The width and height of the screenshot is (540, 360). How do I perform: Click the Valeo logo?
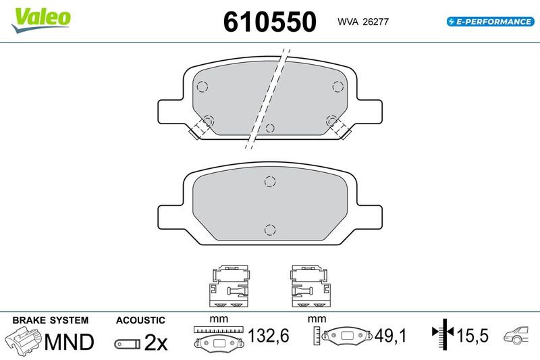[40, 20]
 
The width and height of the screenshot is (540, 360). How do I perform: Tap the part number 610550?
[269, 22]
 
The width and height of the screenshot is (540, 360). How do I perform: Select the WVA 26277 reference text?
[363, 22]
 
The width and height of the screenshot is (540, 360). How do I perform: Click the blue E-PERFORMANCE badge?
[491, 22]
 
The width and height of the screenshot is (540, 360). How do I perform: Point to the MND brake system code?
[69, 342]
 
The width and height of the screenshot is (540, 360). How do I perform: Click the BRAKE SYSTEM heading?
[50, 320]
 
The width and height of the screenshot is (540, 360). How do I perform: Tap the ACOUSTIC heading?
[140, 320]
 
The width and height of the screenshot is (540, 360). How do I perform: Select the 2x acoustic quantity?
[156, 342]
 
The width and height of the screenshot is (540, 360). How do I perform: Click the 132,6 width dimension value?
[269, 335]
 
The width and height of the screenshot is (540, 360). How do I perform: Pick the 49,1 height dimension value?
[391, 335]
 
